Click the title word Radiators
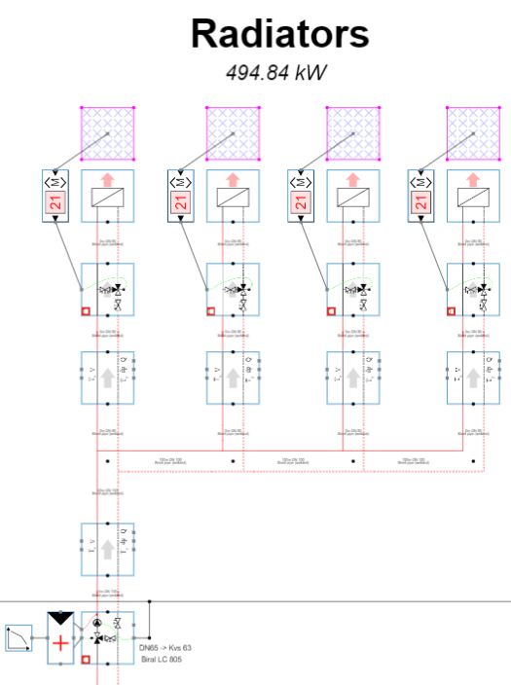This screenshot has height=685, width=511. coord(279,34)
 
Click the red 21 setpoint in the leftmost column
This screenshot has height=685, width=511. coord(55,203)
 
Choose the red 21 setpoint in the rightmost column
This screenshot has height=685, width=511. coord(421,203)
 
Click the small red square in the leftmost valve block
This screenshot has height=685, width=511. coord(86,310)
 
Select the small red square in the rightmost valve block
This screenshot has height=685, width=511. coord(452,310)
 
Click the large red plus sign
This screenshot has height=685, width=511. coord(60,642)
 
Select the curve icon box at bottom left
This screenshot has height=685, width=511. coord(18,639)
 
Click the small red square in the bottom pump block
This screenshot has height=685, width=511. coord(86,660)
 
